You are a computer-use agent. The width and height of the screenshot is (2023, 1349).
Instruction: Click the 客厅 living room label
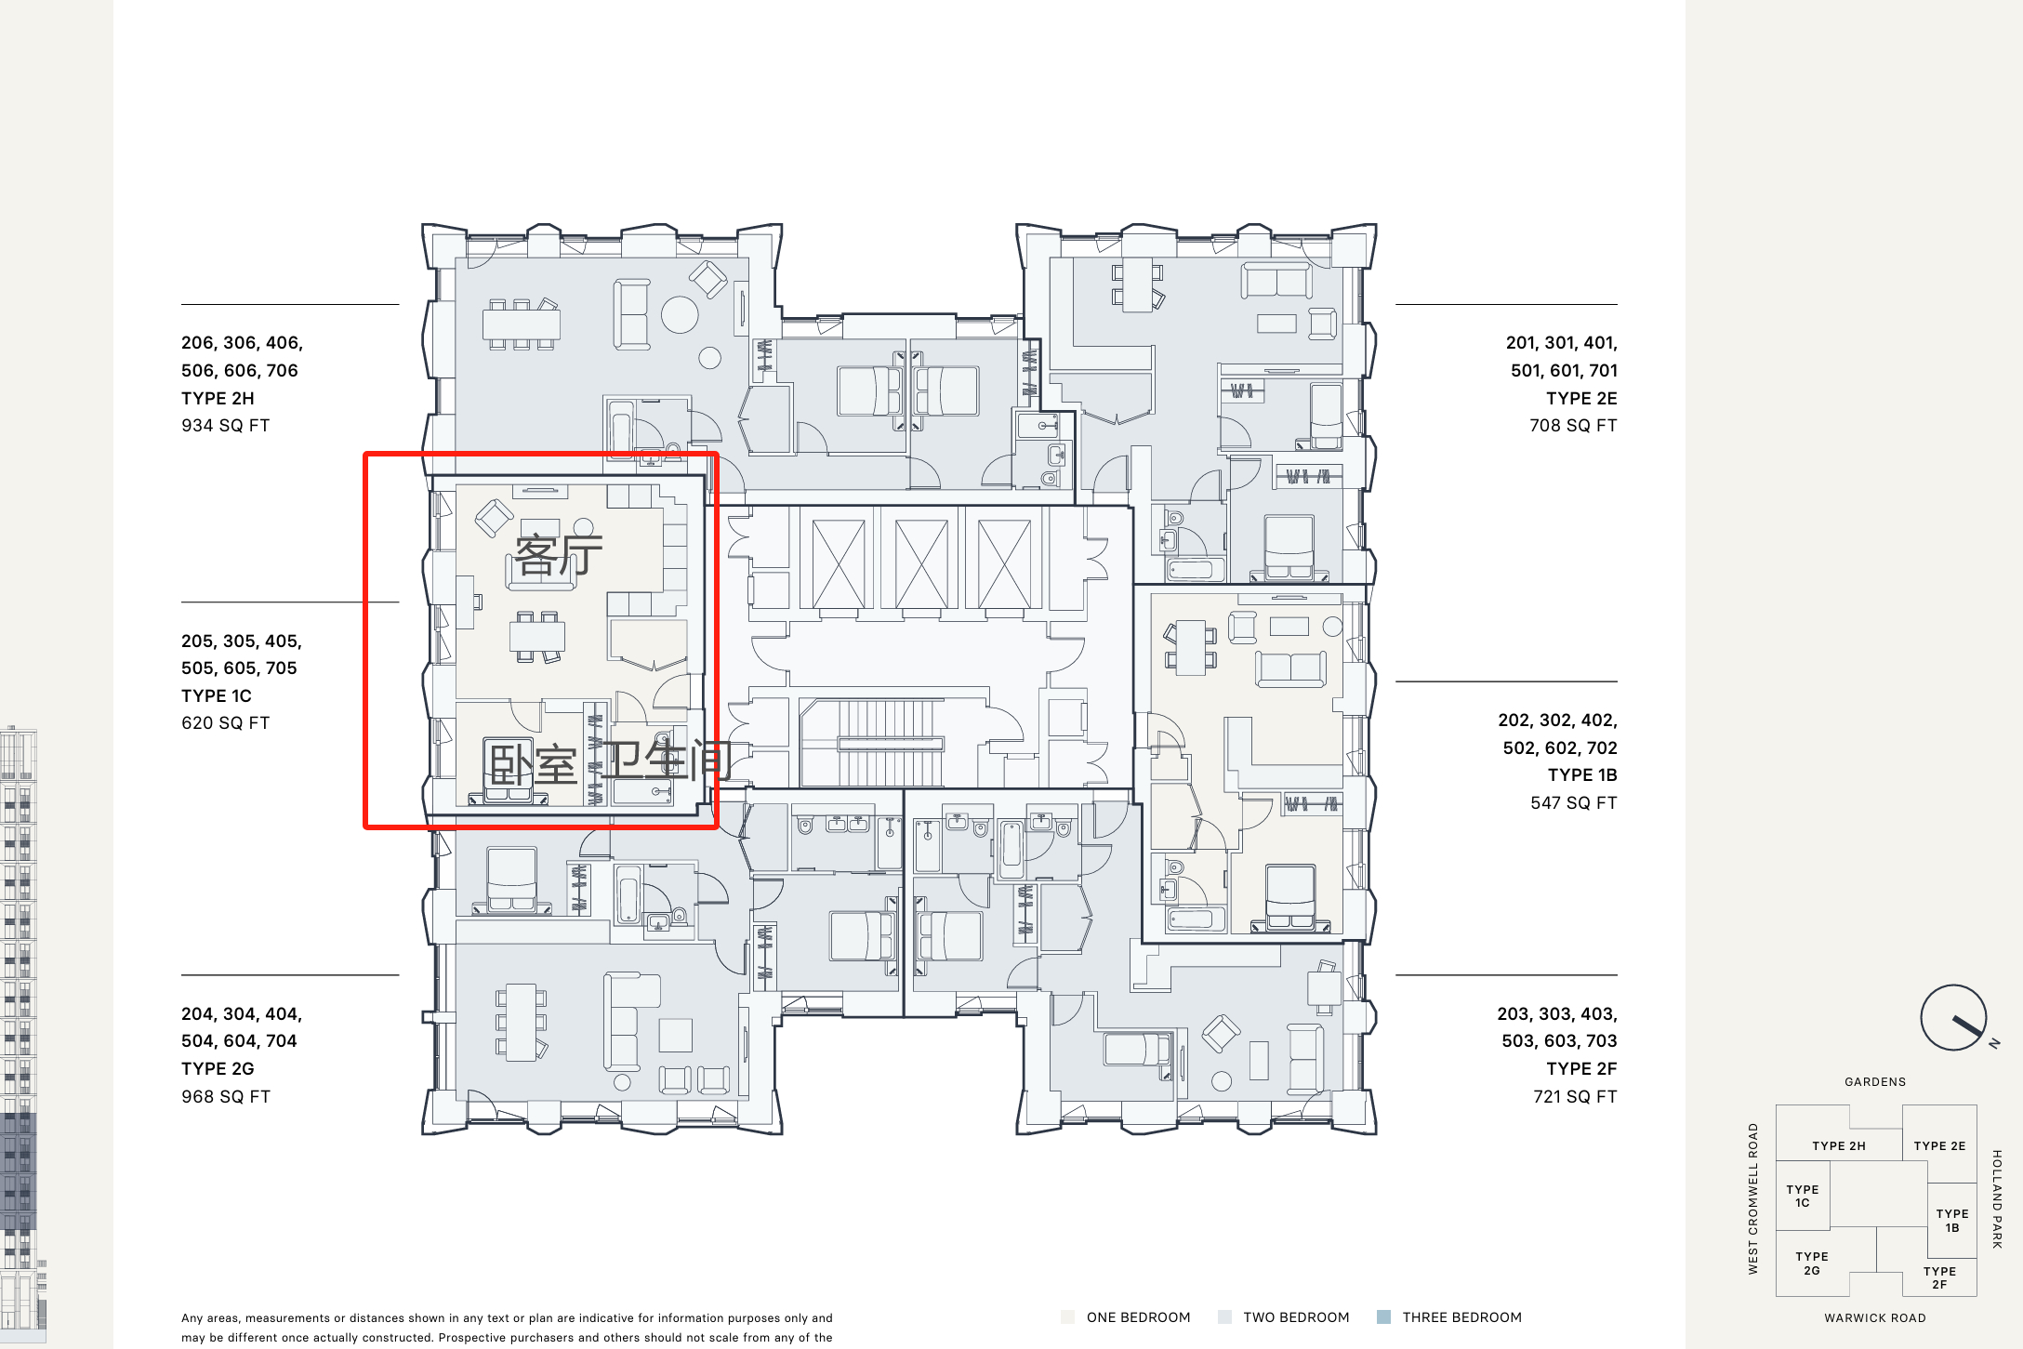click(559, 556)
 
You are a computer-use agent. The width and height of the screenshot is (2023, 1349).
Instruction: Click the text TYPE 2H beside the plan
click(218, 398)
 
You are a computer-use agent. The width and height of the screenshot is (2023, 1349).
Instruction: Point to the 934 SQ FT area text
click(226, 426)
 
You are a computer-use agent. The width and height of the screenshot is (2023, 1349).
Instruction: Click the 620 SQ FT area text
click(226, 723)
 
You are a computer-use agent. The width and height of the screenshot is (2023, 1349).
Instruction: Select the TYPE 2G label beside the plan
click(218, 1068)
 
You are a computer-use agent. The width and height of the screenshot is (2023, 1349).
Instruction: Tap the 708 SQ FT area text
click(1573, 426)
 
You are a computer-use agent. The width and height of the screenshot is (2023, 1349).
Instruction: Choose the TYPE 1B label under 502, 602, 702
click(1582, 775)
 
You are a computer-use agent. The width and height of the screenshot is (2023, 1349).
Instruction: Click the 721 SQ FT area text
click(1575, 1097)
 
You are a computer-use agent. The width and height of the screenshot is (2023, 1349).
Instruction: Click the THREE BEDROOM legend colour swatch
click(1383, 1317)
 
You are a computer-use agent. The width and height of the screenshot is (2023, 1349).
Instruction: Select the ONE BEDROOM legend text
click(1138, 1317)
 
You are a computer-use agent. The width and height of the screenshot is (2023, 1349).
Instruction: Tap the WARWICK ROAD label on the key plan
click(1875, 1318)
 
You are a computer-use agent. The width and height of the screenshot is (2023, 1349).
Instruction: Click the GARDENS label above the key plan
click(1875, 1082)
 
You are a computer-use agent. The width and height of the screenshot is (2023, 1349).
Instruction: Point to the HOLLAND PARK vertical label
click(1997, 1199)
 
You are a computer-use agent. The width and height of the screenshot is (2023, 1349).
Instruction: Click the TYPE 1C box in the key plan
click(1803, 1196)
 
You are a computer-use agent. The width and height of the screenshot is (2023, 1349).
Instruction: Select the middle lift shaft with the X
click(921, 563)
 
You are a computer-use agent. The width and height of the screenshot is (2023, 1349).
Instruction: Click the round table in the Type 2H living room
click(680, 314)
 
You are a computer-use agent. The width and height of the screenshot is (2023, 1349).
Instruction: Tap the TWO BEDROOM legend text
click(1296, 1317)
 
